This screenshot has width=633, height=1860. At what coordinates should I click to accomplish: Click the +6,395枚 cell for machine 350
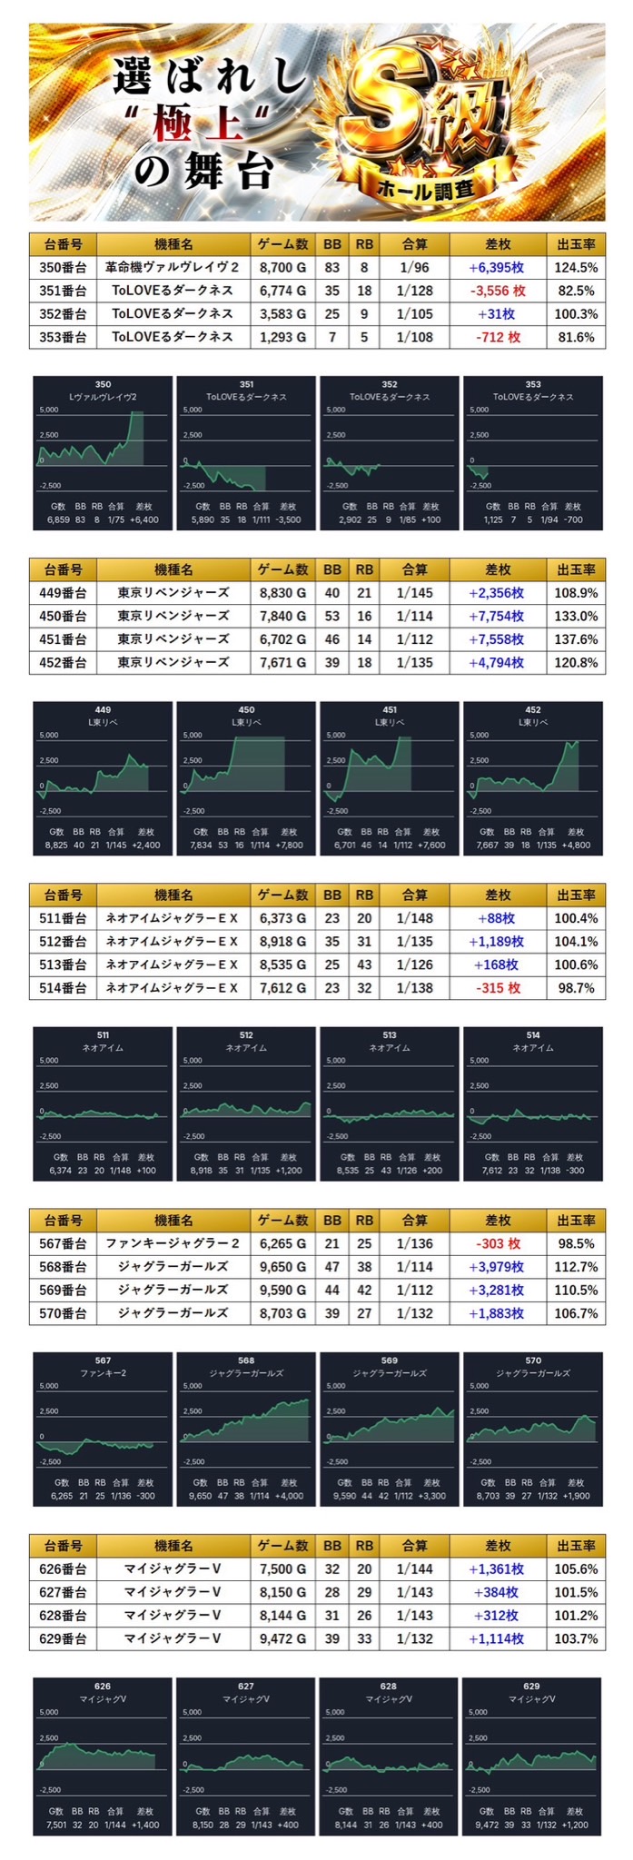(497, 268)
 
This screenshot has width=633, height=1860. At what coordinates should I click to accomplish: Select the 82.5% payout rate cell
(575, 291)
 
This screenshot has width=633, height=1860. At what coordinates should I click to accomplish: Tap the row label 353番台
(63, 337)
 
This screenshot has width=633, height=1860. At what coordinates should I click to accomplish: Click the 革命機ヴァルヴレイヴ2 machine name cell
(173, 268)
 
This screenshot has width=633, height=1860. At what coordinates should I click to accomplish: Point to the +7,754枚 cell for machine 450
(497, 616)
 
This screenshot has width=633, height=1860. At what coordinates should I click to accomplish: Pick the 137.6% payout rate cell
(575, 639)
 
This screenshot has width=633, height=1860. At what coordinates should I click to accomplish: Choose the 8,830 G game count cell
(282, 593)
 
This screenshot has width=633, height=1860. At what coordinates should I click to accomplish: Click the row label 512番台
(63, 941)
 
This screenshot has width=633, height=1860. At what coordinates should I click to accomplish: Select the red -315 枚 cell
(497, 987)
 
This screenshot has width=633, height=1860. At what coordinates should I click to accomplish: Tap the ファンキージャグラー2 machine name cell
(173, 1243)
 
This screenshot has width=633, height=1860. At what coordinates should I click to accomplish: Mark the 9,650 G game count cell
(282, 1266)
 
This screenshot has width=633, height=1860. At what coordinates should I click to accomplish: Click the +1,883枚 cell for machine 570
(497, 1312)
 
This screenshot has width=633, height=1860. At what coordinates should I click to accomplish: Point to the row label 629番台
(63, 1638)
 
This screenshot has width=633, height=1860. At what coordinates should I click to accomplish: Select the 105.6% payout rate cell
(575, 1568)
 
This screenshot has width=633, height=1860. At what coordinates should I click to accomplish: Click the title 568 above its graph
(246, 1360)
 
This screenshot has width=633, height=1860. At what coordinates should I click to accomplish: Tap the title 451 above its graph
(390, 710)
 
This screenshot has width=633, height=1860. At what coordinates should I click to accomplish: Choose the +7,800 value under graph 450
(287, 846)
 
